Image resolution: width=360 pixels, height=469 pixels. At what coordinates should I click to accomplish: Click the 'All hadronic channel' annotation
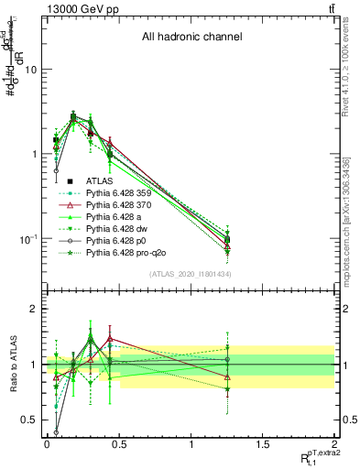(191, 37)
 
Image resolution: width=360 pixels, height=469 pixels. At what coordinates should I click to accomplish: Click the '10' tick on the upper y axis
(31, 70)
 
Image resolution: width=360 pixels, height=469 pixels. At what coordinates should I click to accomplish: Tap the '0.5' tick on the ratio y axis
(29, 420)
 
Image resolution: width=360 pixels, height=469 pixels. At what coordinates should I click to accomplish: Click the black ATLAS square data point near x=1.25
(227, 240)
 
